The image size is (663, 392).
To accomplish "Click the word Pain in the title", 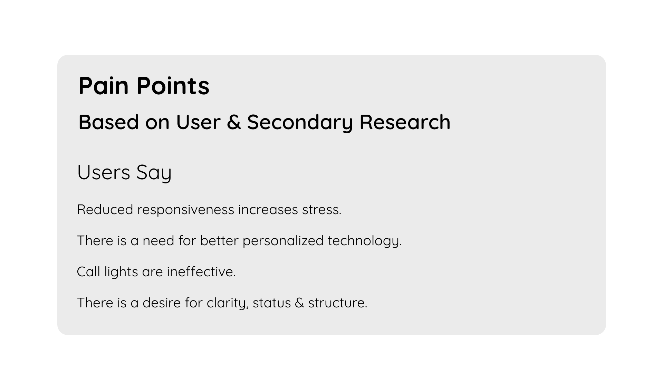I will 104,86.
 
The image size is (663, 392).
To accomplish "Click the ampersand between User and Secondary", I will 234,122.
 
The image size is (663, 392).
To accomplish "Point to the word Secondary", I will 300,122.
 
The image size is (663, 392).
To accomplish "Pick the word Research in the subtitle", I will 405,122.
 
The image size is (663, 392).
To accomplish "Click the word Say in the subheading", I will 154,172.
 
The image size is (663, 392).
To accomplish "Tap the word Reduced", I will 105,210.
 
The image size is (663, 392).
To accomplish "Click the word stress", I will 321,210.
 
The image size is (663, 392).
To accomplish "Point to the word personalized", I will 283,241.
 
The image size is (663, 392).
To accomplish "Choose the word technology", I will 364,241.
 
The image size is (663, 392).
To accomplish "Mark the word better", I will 219,241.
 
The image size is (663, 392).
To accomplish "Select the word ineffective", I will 201,272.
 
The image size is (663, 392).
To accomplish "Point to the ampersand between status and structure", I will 299,303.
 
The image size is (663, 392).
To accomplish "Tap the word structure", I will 337,303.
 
